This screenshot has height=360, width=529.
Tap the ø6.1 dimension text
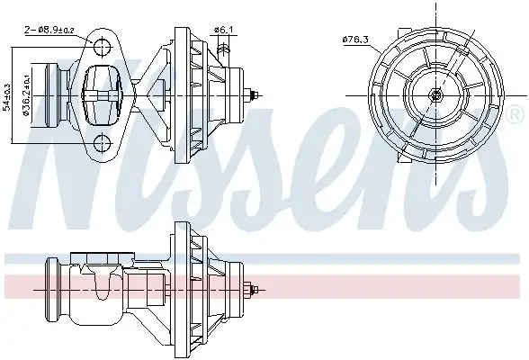(x=224, y=30)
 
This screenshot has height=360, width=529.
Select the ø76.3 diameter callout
(x=357, y=39)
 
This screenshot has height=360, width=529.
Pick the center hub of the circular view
(x=435, y=94)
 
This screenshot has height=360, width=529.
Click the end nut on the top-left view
(x=259, y=94)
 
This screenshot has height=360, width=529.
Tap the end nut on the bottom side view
(x=258, y=290)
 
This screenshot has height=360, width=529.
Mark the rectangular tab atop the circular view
(x=435, y=20)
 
